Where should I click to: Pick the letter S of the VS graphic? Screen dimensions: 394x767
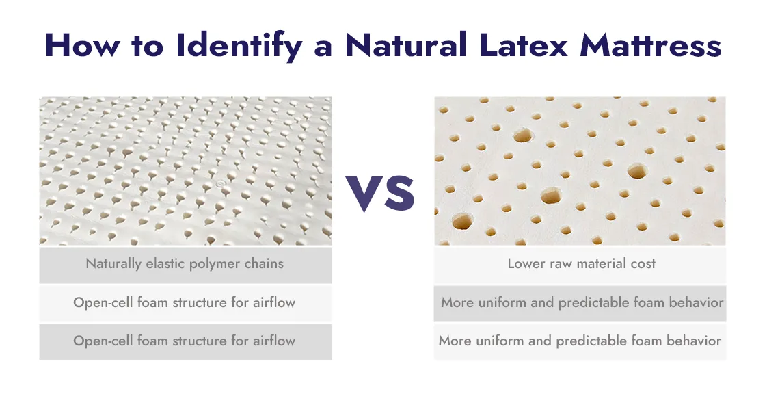point(398,193)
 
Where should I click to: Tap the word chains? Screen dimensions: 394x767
point(265,263)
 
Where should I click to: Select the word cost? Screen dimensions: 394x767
point(643,263)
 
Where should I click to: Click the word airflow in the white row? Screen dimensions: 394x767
point(272,302)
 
